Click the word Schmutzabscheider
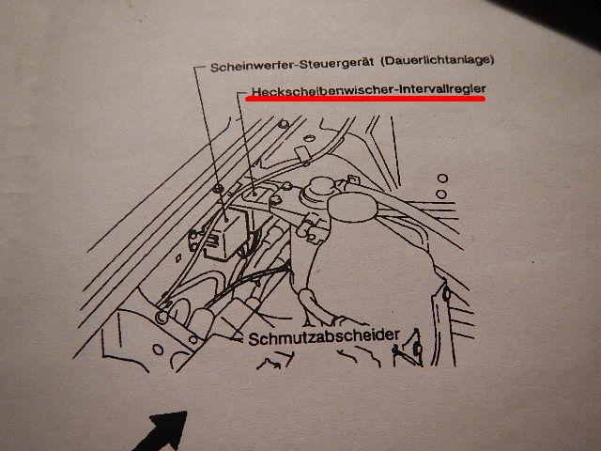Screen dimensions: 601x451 coord(324,337)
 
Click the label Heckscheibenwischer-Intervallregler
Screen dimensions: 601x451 coord(369,90)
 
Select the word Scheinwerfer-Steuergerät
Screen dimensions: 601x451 coord(292,65)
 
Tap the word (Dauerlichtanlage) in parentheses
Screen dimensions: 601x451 coord(438,60)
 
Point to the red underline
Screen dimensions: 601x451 coord(365,99)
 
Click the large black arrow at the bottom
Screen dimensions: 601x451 coord(162,430)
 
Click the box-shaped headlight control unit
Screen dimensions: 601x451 coord(226,234)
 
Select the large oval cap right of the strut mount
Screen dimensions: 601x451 coord(352,208)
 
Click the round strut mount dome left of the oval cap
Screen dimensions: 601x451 coord(321,188)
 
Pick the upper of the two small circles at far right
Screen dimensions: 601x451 coord(442,179)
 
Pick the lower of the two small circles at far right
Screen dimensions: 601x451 coord(441,194)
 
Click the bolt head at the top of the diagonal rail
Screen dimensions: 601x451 coord(284,124)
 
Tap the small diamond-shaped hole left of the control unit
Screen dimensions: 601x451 coord(178,257)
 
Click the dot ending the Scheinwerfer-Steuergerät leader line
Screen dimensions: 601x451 coord(227,220)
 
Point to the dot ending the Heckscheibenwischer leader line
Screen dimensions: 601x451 coord(254,193)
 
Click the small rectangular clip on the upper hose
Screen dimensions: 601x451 coord(302,153)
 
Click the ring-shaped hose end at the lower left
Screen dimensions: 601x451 coord(162,317)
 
